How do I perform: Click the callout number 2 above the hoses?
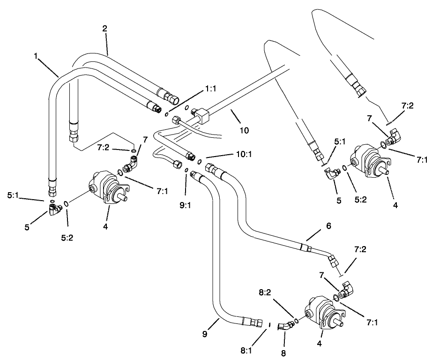point(105,28)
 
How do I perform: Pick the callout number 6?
point(328,226)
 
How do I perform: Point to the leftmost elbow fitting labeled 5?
point(54,208)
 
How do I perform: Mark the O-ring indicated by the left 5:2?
point(66,204)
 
